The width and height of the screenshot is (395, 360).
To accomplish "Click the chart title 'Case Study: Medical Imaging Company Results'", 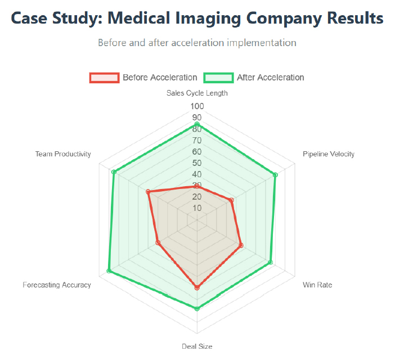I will pos(197,18).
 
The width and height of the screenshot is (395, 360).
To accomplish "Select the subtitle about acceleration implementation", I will pos(197,43).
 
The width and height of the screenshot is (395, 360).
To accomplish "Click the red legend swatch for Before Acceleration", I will pos(104,78).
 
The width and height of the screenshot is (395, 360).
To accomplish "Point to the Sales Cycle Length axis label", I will pos(197,93).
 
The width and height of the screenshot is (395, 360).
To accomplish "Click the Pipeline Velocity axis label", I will pos(329,154).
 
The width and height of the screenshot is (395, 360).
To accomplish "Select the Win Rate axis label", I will pos(317,285).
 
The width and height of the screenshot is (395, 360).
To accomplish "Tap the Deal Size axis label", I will pos(197,346).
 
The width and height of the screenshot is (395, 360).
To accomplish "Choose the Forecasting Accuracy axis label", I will pos(57,285).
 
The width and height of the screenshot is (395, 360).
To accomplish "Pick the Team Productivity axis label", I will pos(63,154).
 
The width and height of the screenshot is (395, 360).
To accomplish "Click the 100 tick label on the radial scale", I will pos(197,106).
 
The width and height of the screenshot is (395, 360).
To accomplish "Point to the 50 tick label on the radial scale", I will pos(197,163).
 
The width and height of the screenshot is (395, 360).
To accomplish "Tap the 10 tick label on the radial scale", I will pos(197,208).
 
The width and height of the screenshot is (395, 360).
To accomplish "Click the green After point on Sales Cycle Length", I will pos(197,124).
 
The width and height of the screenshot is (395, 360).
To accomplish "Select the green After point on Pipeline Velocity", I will pos(275,175).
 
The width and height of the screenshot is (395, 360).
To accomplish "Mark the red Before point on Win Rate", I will pos(241,245).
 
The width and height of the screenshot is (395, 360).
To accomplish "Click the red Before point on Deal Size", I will pos(197,288).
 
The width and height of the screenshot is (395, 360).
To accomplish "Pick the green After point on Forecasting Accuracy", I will pos(109,272).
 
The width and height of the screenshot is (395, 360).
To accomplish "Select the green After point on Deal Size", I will pos(197,308).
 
